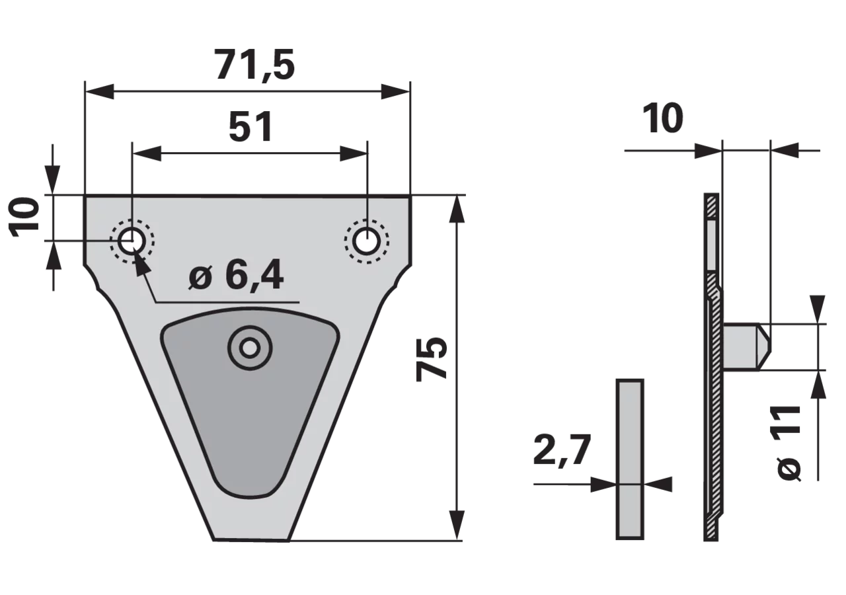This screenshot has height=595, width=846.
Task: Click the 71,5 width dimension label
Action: pos(255,65)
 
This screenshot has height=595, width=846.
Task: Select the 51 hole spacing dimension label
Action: pos(250,126)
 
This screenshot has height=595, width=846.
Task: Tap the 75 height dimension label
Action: pos(432,358)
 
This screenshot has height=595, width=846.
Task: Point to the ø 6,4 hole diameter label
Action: pos(237,275)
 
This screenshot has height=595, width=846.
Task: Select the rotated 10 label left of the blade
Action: pos(25,218)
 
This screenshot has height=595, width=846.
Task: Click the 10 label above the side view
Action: pos(662,118)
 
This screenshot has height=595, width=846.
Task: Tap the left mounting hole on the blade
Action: pos(131,241)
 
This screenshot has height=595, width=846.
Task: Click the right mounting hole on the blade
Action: pos(366,241)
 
